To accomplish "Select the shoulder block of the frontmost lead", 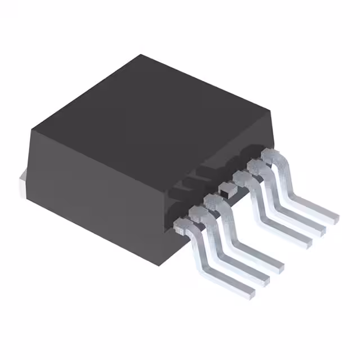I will (x=182, y=226).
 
